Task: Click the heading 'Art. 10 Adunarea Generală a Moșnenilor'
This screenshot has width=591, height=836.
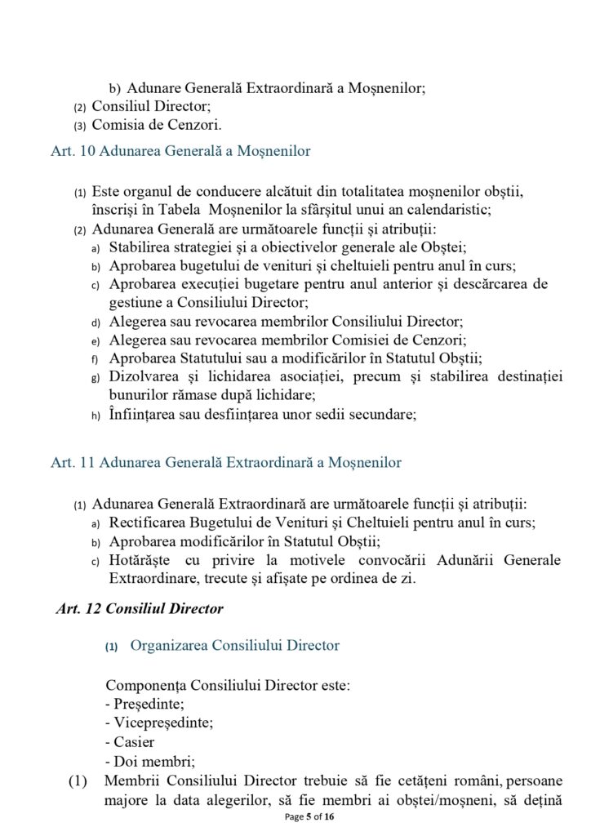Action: [180, 151]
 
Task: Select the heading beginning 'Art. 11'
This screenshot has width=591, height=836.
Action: [226, 463]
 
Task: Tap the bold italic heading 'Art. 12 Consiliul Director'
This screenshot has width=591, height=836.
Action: [140, 609]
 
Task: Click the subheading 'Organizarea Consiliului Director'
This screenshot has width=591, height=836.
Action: [234, 646]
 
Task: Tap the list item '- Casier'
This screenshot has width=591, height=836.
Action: [130, 742]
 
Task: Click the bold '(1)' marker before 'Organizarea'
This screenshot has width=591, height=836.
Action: [112, 647]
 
